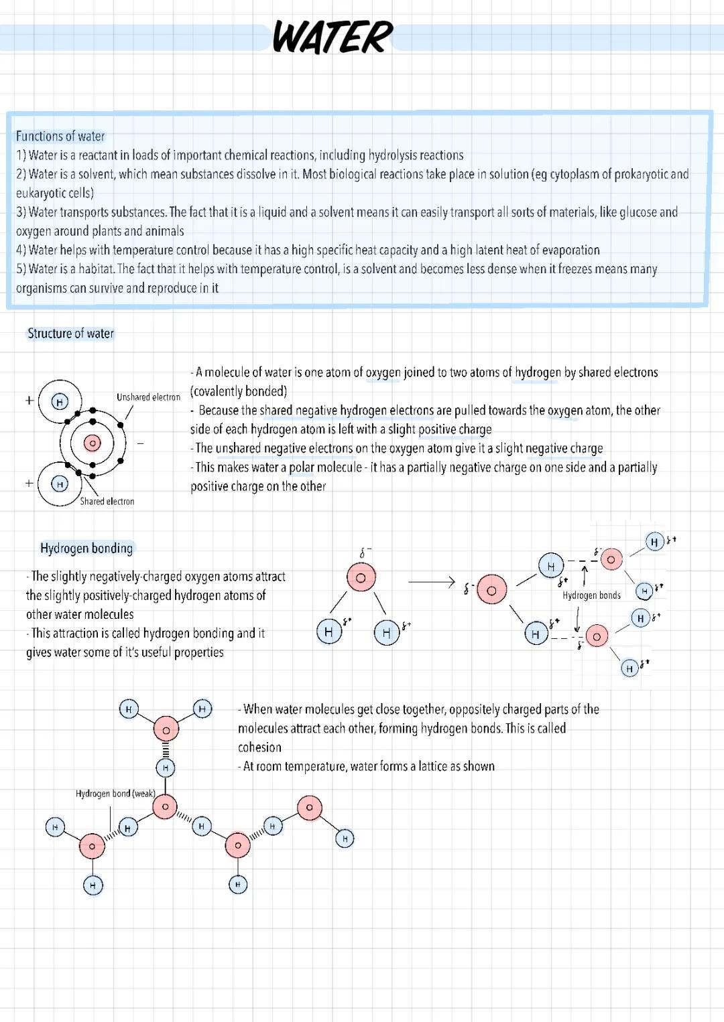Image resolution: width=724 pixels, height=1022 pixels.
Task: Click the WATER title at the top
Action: click(333, 38)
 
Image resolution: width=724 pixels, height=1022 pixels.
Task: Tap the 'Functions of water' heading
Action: click(60, 137)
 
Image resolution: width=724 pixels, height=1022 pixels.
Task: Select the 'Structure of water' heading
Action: click(70, 334)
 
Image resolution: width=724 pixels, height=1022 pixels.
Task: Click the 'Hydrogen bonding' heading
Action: click(86, 549)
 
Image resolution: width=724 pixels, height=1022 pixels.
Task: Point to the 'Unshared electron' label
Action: click(148, 397)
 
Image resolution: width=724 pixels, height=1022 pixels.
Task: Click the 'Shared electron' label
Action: click(107, 501)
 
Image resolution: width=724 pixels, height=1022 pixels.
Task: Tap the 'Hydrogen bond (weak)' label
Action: click(115, 794)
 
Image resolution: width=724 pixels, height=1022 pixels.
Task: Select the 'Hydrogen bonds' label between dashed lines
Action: click(591, 595)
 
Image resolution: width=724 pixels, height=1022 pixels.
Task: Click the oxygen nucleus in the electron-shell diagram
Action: click(93, 443)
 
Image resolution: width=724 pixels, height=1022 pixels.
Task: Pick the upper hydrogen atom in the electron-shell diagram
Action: click(60, 402)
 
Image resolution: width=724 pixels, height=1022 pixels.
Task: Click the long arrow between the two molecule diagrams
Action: click(431, 582)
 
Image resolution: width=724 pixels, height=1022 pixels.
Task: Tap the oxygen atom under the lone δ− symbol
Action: click(361, 578)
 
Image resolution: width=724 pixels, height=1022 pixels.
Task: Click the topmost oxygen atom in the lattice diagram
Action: click(166, 729)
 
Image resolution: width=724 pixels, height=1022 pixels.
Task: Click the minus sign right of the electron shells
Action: click(141, 443)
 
